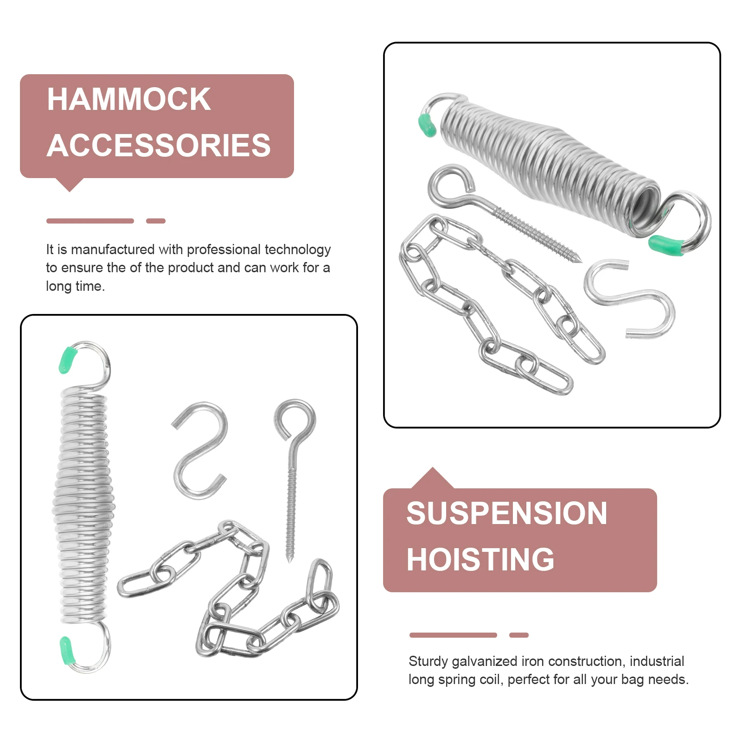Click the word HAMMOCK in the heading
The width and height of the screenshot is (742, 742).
point(129,99)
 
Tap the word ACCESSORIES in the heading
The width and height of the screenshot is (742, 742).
point(159,146)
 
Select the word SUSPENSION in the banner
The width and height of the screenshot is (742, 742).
point(506,513)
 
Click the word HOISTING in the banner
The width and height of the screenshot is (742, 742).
point(480,559)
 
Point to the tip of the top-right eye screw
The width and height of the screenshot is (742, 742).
point(579,260)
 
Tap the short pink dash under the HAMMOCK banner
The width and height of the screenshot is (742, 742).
point(155,221)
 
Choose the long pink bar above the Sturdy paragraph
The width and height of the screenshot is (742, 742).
point(453,635)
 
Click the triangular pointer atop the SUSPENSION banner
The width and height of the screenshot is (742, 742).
point(432,479)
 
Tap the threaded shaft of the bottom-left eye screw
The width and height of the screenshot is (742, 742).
point(291,510)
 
